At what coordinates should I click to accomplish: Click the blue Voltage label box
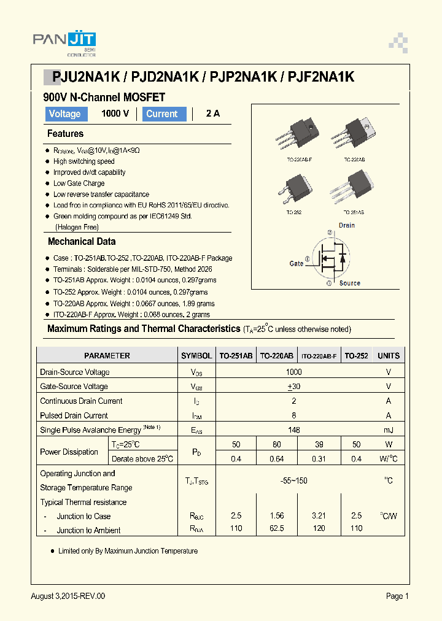click(65, 114)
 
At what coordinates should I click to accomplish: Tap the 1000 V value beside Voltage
click(115, 114)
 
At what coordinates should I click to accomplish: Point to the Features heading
click(65, 134)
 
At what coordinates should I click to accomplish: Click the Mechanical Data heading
click(82, 242)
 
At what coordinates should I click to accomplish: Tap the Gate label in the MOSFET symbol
click(297, 263)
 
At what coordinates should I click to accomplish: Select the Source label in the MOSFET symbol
click(350, 283)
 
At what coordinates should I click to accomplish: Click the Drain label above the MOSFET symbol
click(347, 225)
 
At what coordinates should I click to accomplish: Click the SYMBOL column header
click(196, 356)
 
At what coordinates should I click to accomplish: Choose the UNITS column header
click(389, 356)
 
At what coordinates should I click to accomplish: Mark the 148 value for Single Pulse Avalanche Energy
click(294, 430)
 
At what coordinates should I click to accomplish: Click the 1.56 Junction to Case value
click(276, 516)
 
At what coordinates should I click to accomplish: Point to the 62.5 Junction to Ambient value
click(276, 528)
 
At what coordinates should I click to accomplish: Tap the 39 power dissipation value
click(318, 444)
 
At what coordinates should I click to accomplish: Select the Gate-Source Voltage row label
click(74, 387)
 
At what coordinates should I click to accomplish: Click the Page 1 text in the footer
click(397, 596)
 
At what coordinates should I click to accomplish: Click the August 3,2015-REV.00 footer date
click(68, 596)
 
